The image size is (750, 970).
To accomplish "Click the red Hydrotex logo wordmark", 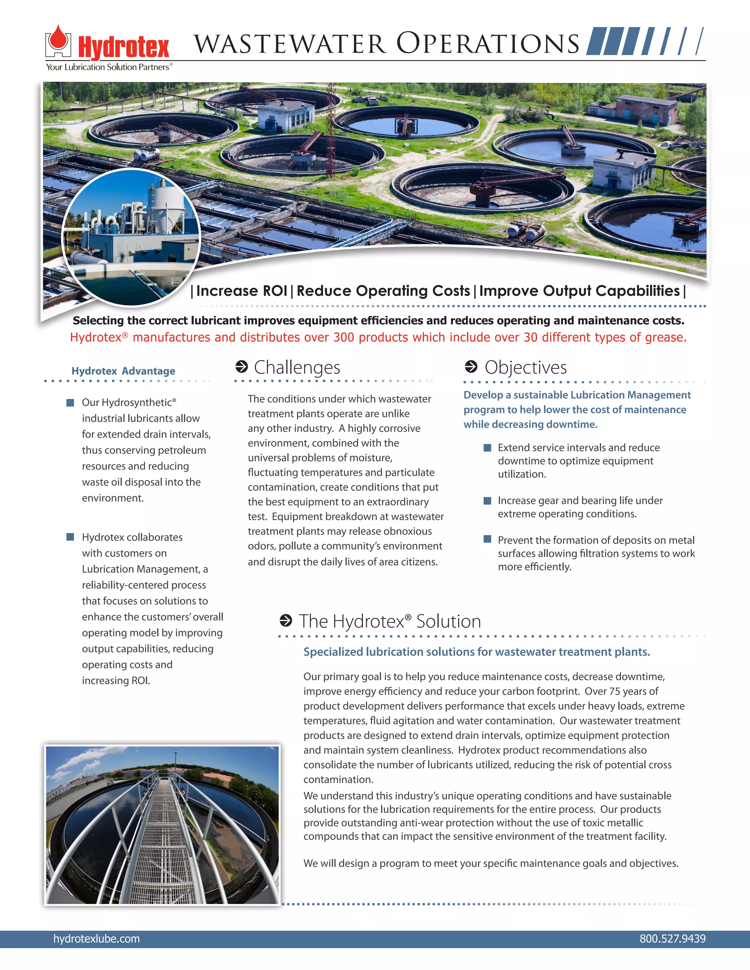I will [123, 48].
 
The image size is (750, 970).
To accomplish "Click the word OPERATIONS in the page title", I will [487, 44].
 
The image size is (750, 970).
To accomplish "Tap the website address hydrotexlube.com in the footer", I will [96, 939].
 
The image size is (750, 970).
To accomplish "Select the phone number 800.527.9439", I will [672, 939].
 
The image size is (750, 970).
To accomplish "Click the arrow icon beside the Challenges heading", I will [241, 367].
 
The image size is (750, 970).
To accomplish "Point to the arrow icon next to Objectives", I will [471, 367].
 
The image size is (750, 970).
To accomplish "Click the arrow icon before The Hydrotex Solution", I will [286, 620].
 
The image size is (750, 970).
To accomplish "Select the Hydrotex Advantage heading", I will [123, 371].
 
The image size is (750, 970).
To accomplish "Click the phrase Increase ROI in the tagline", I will [241, 291].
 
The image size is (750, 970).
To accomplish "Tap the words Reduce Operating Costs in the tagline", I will [383, 291].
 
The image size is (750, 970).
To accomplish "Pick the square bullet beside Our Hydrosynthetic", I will [70, 402].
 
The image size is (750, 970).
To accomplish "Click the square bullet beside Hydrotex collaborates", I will [70, 537].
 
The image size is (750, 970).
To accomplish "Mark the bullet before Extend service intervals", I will [487, 448].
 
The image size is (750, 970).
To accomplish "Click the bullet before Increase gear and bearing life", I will [487, 500].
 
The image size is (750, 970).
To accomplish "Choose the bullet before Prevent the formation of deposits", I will [487, 540].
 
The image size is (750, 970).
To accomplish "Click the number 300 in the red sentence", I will [344, 337].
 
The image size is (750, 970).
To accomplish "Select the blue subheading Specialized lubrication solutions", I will [476, 652].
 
